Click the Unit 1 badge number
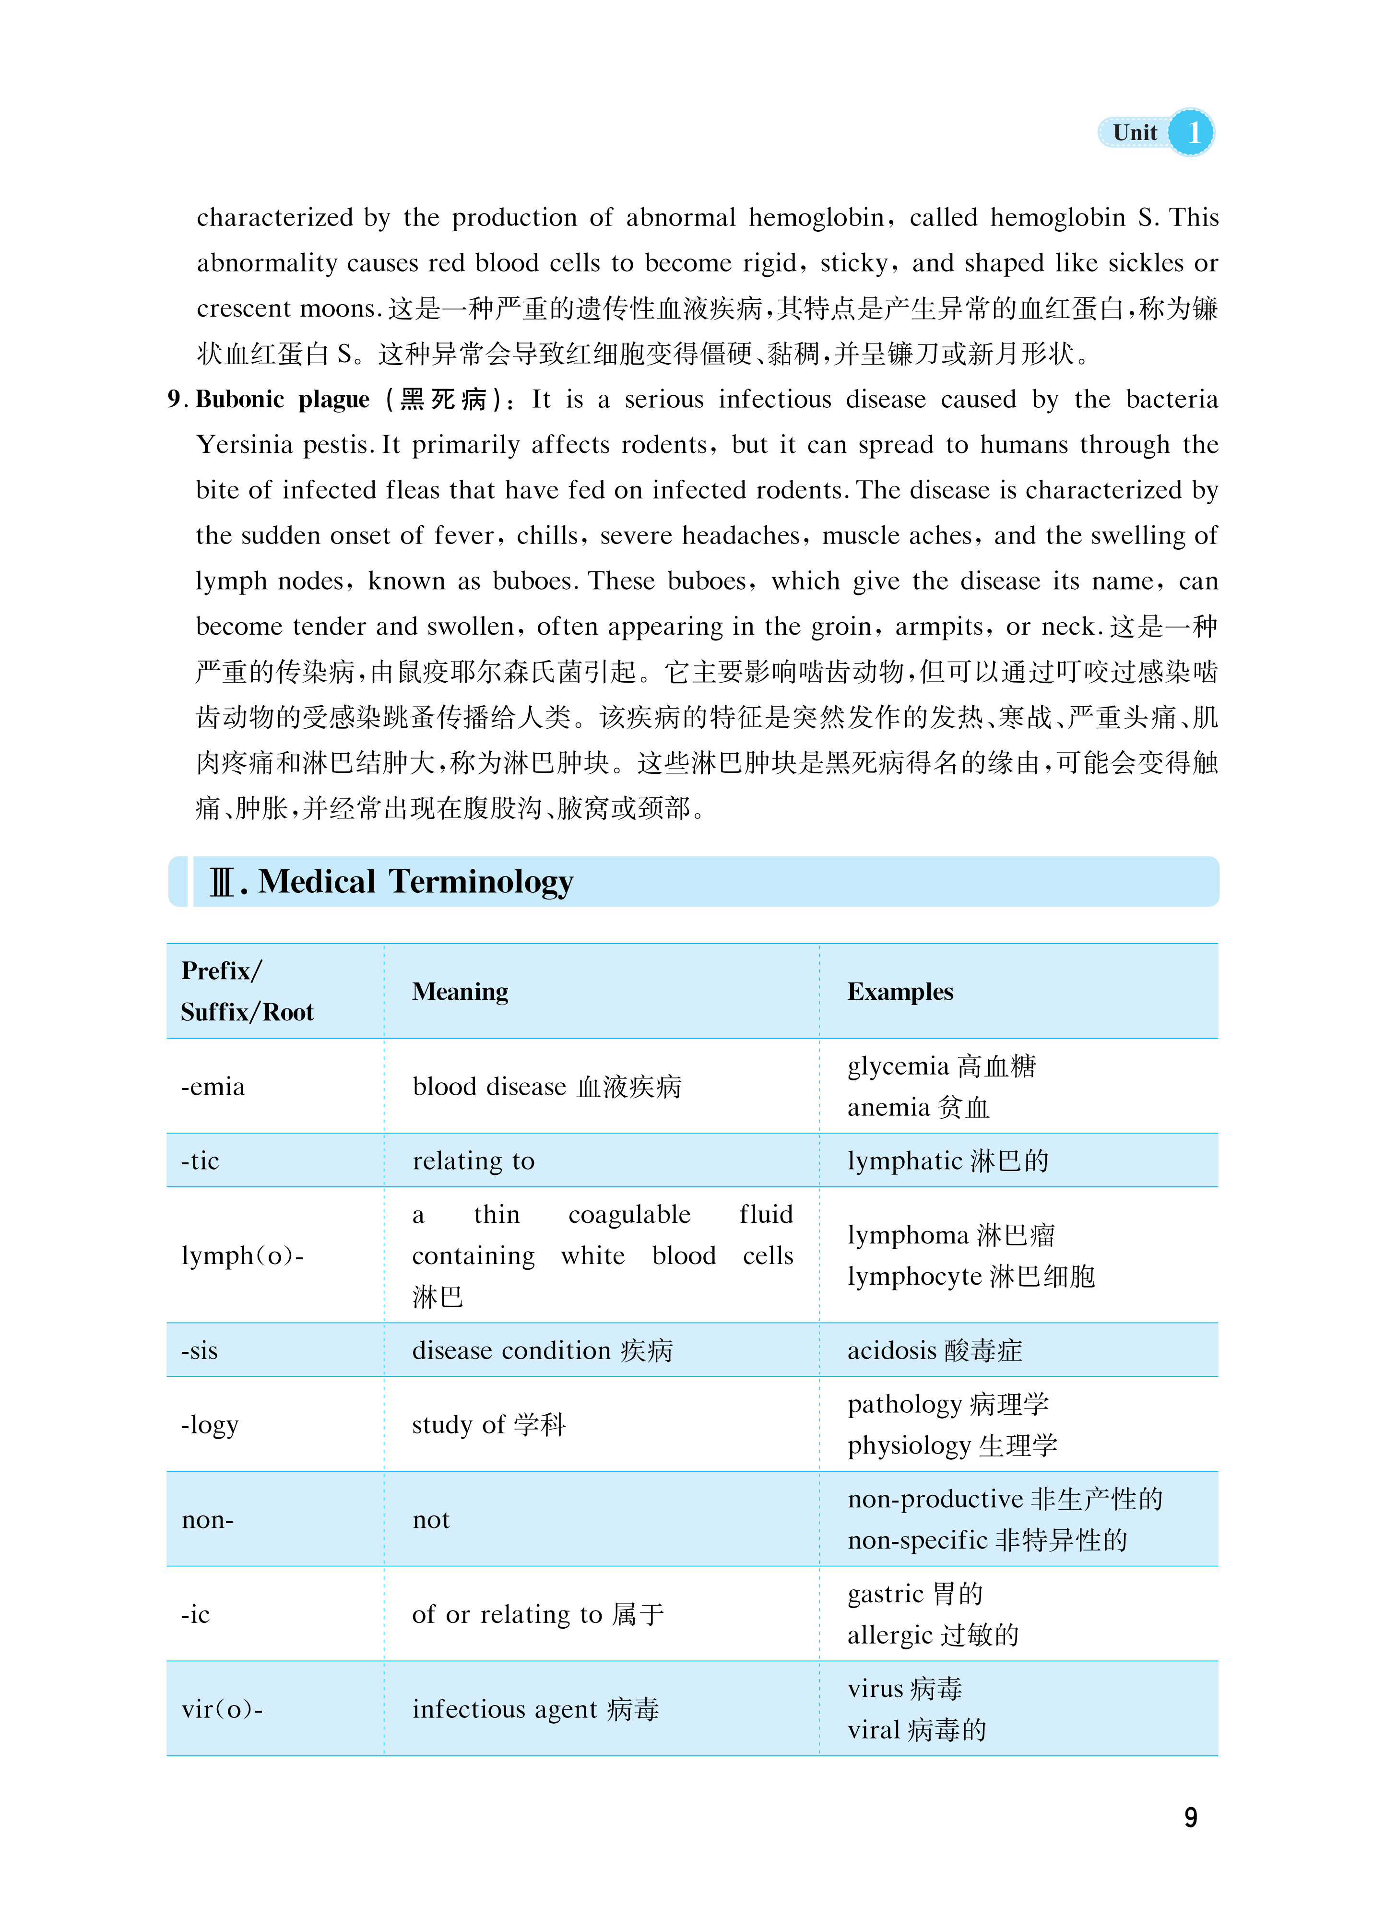[1193, 133]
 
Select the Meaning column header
[460, 992]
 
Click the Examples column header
[900, 992]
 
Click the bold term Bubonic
[240, 400]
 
